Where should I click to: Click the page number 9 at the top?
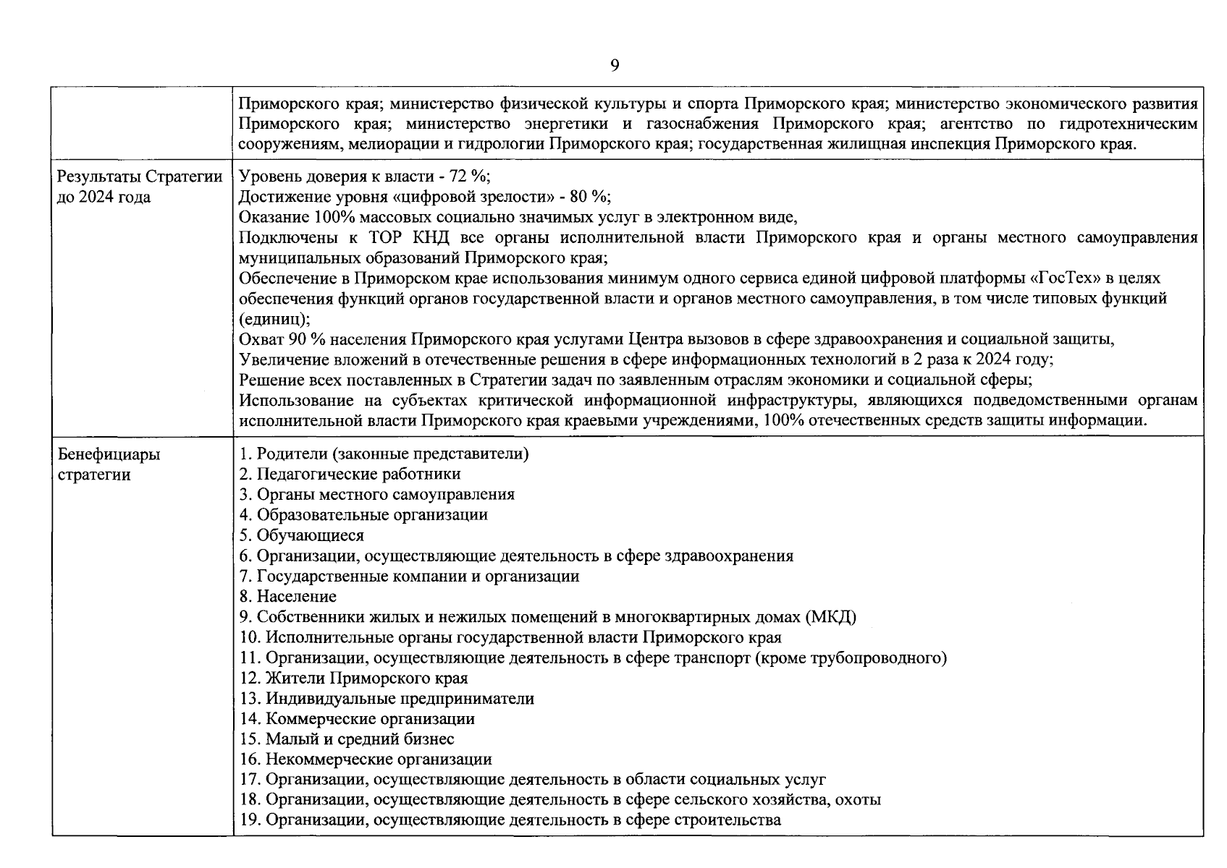614,66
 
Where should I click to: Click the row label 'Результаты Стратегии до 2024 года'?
139,187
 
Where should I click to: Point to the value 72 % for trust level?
470,176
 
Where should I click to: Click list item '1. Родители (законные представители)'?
384,454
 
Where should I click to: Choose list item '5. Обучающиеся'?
302,535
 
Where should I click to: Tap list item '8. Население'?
288,596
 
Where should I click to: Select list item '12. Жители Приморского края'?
354,678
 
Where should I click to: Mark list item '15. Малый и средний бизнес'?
347,739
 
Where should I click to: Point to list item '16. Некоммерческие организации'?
366,759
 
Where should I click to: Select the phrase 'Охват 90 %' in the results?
281,339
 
